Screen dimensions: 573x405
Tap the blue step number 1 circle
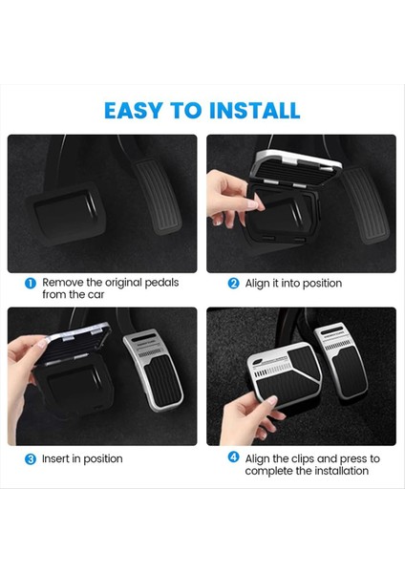[x=31, y=284]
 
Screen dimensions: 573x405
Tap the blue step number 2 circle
[x=233, y=284]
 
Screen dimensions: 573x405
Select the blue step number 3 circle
[x=31, y=459]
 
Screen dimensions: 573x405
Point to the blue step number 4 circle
[x=233, y=457]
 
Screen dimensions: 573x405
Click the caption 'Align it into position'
[x=293, y=284]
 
